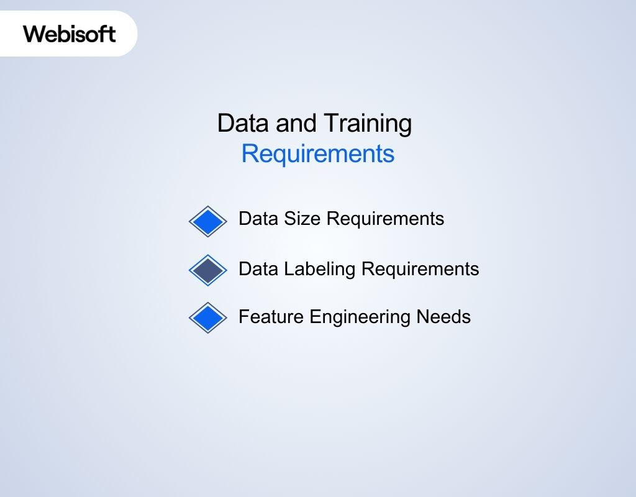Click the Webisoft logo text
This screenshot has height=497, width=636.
click(x=70, y=33)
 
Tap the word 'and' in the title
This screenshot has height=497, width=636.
click(x=296, y=123)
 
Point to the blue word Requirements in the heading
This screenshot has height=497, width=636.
click(x=317, y=153)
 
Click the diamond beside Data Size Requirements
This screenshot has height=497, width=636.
click(x=208, y=221)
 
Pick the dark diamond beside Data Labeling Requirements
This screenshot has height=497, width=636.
click(x=208, y=270)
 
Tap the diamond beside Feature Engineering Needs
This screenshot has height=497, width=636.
click(x=208, y=318)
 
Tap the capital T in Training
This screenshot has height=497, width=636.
click(x=330, y=123)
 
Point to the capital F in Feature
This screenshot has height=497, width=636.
click(x=243, y=317)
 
